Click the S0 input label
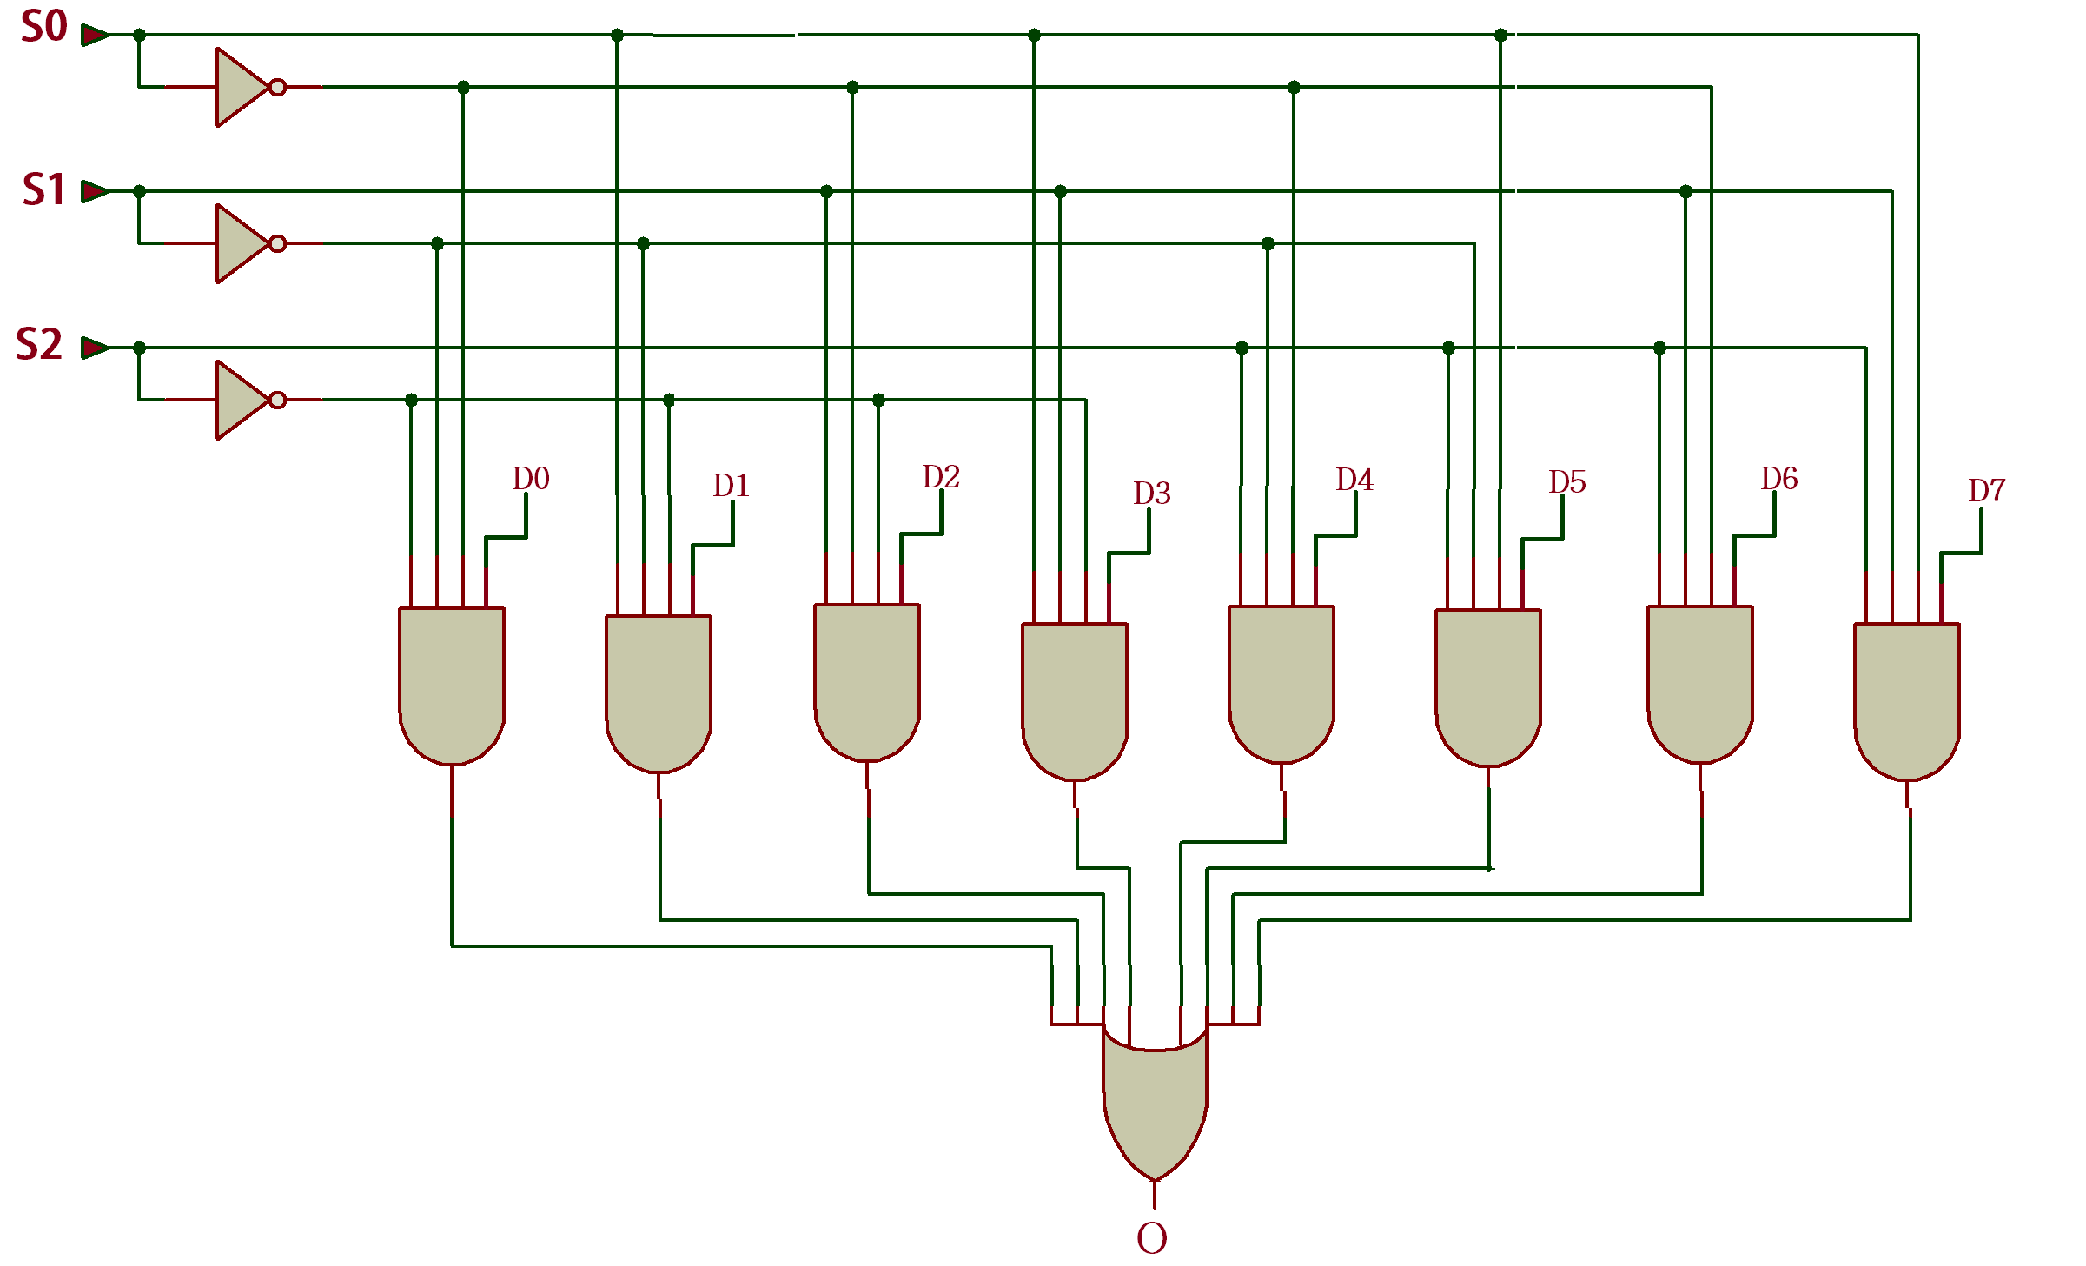[x=44, y=27]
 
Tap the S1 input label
[x=44, y=189]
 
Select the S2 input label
[x=40, y=344]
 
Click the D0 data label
[x=530, y=479]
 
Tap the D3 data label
[x=1152, y=494]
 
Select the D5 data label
[x=1567, y=482]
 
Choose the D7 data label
[x=1987, y=491]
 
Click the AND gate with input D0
[x=452, y=682]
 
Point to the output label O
[x=1152, y=1238]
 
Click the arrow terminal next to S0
[x=95, y=35]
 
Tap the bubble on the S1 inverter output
[x=278, y=243]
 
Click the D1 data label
[x=731, y=486]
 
